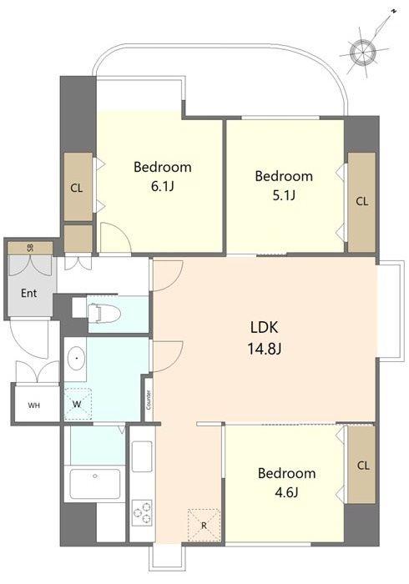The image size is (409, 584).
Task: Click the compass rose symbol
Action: click(x=363, y=52)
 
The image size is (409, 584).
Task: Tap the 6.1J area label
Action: click(x=163, y=186)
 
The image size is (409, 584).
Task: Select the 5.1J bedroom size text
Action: click(x=284, y=195)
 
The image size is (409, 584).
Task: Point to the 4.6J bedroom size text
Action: click(x=286, y=492)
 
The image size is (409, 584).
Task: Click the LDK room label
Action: click(x=264, y=328)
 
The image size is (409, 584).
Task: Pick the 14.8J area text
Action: click(x=264, y=349)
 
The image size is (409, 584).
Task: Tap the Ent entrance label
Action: click(x=28, y=294)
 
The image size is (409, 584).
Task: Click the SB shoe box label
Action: click(x=31, y=248)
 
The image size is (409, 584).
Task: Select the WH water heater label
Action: click(x=34, y=405)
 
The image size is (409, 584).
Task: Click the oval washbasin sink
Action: click(x=76, y=358)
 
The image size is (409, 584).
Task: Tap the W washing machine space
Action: click(x=78, y=404)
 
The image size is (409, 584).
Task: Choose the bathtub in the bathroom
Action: click(x=96, y=483)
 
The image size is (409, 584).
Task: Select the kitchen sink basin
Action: click(x=142, y=456)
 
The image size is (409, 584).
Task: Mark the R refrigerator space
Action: click(x=204, y=525)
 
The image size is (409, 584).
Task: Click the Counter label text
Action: click(x=149, y=400)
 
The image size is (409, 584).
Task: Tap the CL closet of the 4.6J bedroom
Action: click(x=361, y=465)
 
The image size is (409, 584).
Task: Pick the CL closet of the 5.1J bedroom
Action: click(x=361, y=202)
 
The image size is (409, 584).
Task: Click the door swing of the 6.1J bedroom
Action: click(x=115, y=237)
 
